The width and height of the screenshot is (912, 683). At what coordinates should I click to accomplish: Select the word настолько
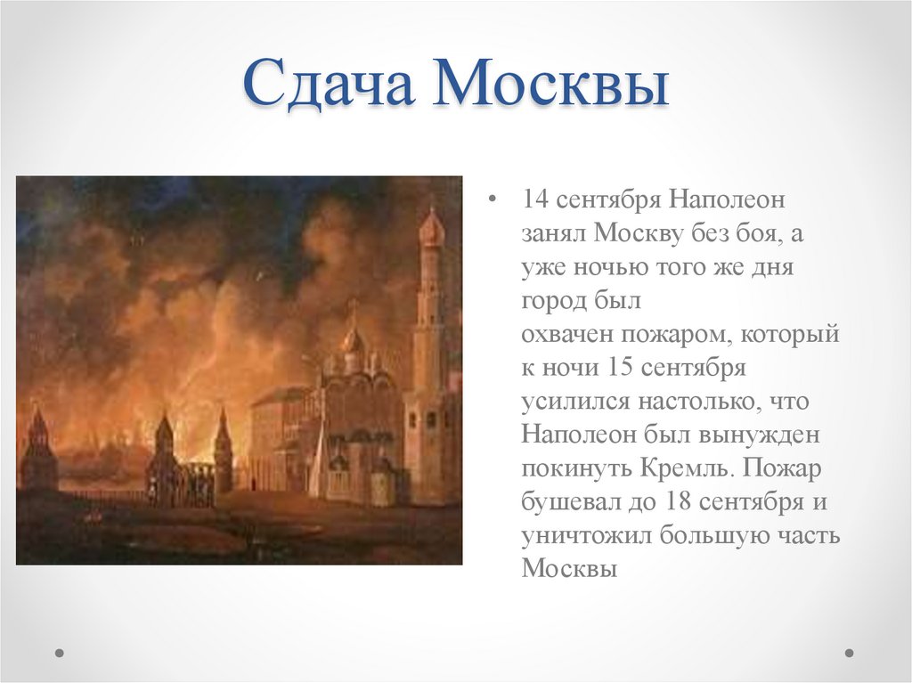point(694,401)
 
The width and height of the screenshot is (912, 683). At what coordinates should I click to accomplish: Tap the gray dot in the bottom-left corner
point(60,653)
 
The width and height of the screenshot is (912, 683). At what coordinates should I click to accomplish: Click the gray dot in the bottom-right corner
point(849,653)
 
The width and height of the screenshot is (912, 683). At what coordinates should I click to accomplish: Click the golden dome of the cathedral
point(354,340)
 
